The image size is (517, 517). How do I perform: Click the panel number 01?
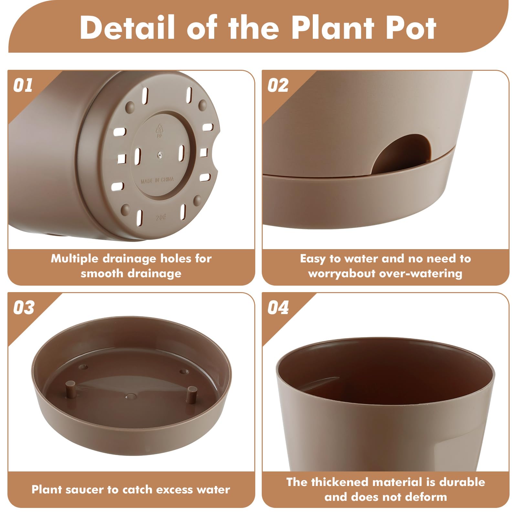click(x=23, y=85)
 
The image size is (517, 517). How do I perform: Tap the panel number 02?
click(x=278, y=85)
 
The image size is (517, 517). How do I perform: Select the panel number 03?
click(x=24, y=307)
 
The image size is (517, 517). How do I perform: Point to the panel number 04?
click(x=278, y=307)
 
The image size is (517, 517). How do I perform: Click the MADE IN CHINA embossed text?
click(x=157, y=180)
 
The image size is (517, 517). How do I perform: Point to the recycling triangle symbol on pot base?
click(x=159, y=129)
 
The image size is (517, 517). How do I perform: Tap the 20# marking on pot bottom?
click(x=161, y=217)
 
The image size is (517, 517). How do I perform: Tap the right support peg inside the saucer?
click(x=192, y=394)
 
